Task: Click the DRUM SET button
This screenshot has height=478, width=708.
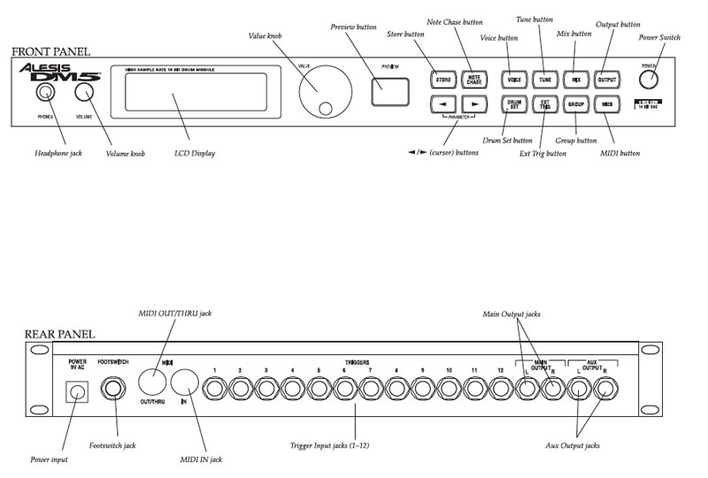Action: (x=512, y=104)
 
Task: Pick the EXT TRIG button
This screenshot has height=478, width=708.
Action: (x=544, y=104)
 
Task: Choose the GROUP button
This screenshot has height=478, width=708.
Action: (x=576, y=104)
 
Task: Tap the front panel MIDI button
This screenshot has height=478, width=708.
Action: (x=607, y=104)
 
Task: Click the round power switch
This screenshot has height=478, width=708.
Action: (x=650, y=79)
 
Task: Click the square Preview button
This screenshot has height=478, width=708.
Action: (x=390, y=91)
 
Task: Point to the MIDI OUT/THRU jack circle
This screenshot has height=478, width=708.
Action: (x=151, y=382)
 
